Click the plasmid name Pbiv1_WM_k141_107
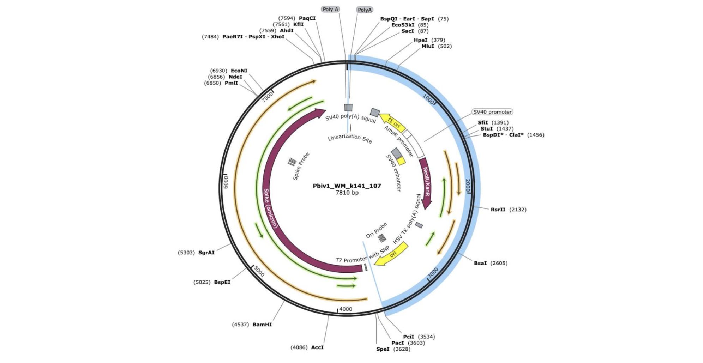347,186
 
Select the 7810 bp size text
347,193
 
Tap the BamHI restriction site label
262,325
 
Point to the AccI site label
317,347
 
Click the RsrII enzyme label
498,210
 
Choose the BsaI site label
480,263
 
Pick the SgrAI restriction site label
206,253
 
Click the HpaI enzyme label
420,40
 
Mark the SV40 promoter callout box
492,112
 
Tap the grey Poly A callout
330,9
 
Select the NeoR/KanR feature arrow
426,183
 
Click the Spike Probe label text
301,166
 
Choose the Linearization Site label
350,138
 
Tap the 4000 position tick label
346,309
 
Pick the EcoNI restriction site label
239,71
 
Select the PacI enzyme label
398,343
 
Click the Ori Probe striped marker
382,238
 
